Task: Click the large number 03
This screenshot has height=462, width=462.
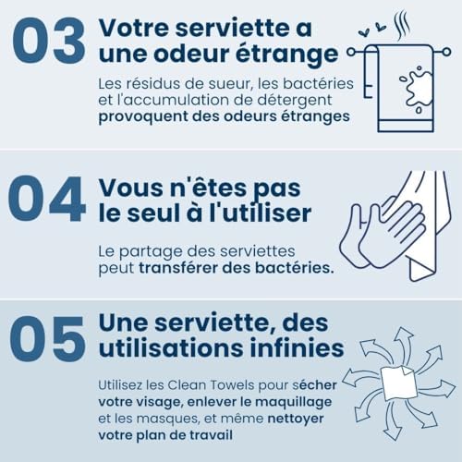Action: point(49,40)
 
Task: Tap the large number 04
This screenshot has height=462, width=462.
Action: point(47,199)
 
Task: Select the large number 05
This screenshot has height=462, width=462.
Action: point(47,339)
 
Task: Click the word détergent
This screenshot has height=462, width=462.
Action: point(295,101)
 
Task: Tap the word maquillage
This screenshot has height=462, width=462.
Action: point(294,403)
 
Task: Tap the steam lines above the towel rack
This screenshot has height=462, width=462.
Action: point(402,26)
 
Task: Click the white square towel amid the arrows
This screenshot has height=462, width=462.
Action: point(399,383)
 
